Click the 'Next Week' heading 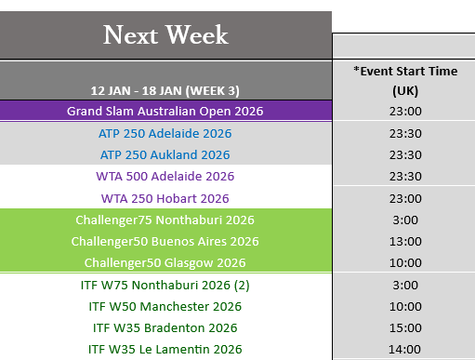(x=165, y=34)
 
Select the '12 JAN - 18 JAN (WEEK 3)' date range (x=165, y=91)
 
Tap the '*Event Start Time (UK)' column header (x=405, y=81)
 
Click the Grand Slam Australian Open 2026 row (x=165, y=111)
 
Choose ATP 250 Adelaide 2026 (x=165, y=133)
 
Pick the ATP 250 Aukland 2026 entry (x=165, y=154)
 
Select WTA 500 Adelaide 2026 (x=165, y=176)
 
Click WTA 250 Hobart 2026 (x=165, y=198)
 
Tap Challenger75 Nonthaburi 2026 (x=165, y=220)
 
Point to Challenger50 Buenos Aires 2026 (x=165, y=241)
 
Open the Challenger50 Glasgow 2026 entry (x=165, y=262)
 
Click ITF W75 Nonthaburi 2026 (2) (x=165, y=285)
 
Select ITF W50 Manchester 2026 (x=165, y=306)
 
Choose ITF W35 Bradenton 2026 (x=165, y=327)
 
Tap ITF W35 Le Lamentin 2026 (x=165, y=349)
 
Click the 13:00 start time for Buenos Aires (x=405, y=241)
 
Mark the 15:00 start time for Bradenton (x=405, y=327)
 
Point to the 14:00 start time (x=404, y=349)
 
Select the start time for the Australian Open (x=405, y=111)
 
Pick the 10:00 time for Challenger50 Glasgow (x=405, y=262)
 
